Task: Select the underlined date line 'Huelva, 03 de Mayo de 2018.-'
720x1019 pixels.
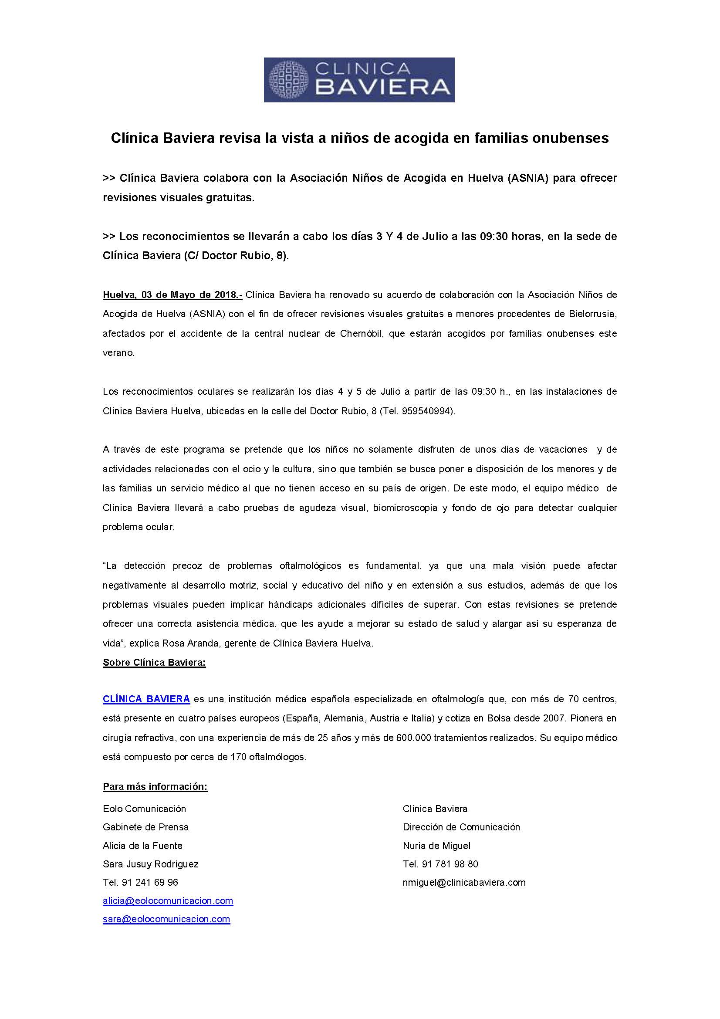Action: pos(172,295)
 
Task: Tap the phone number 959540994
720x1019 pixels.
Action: pos(426,411)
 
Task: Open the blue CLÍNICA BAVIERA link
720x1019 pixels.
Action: pos(146,699)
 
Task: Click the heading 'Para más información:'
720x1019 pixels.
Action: pos(155,787)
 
